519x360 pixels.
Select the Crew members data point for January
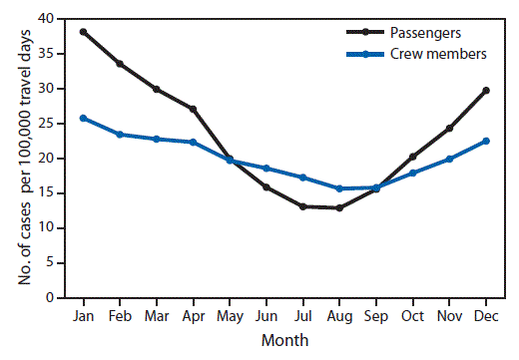(x=83, y=118)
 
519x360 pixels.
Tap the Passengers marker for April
(x=193, y=109)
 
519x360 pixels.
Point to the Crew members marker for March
(x=156, y=139)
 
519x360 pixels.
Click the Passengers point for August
(x=338, y=207)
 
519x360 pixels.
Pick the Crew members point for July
(x=302, y=178)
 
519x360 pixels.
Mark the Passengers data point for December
(x=485, y=90)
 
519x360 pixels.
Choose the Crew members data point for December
(x=485, y=141)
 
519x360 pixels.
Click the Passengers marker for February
(x=120, y=64)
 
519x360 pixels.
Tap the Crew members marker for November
(x=449, y=159)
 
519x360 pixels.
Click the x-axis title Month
(x=284, y=340)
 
